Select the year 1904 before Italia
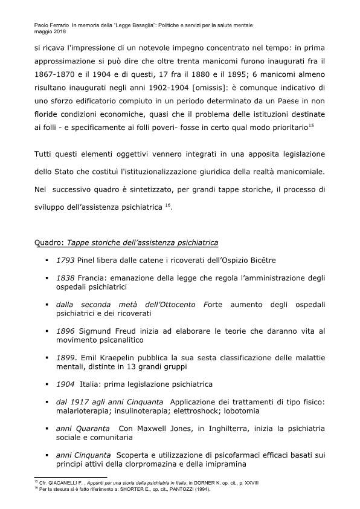[65, 384]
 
